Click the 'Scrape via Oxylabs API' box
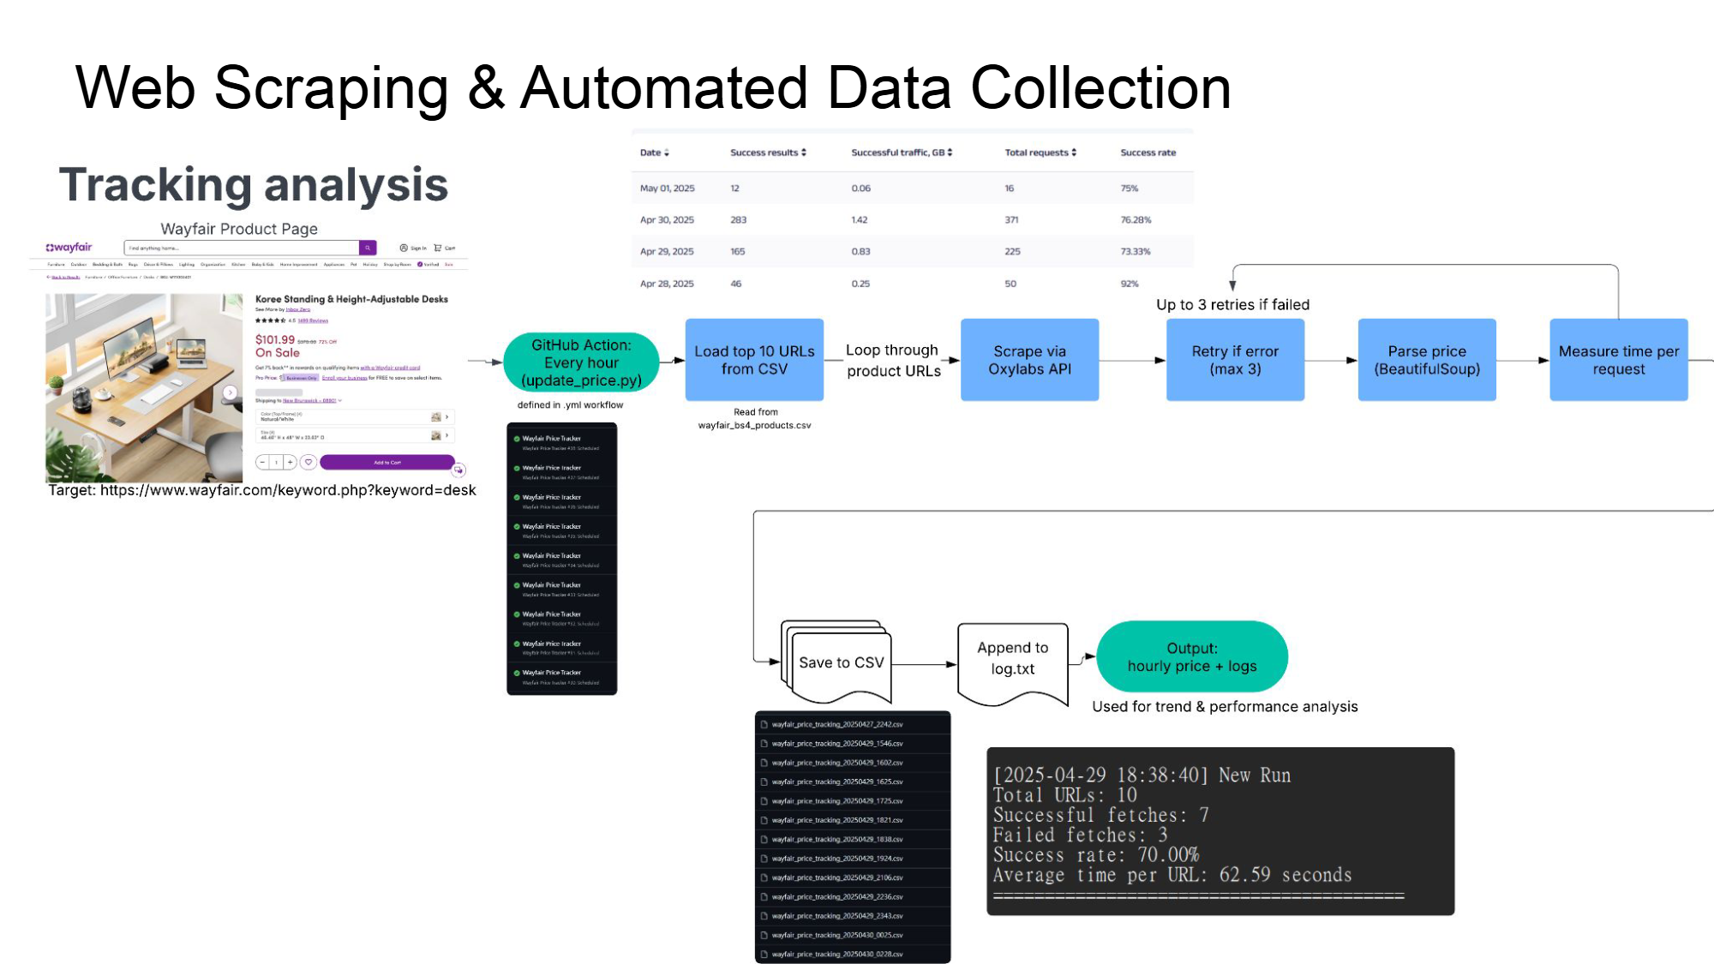coord(1029,360)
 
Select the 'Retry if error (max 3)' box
coord(1235,360)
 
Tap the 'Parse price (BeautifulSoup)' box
coord(1427,360)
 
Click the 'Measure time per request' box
coord(1618,360)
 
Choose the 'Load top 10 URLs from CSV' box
coord(754,360)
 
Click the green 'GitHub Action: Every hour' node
coord(581,362)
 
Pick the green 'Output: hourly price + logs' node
coord(1191,656)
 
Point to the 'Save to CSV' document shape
coord(841,662)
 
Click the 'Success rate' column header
coord(1148,153)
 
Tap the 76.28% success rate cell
coord(1136,220)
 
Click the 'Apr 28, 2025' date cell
coord(667,284)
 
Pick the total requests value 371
coord(1011,220)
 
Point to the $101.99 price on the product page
coord(274,339)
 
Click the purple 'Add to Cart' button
coord(387,463)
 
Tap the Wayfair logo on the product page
coord(69,248)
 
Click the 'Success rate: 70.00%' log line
coord(1095,855)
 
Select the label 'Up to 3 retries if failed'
coord(1232,305)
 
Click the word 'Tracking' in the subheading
coord(155,184)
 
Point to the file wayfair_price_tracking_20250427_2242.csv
coord(836,725)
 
